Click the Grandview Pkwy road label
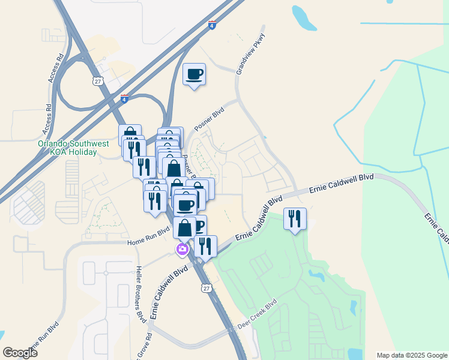(x=250, y=53)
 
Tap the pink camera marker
(x=181, y=249)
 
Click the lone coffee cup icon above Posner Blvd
(x=194, y=74)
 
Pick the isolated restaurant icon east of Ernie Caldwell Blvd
(x=295, y=219)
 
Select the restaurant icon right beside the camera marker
(x=205, y=246)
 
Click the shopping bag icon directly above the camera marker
(x=184, y=228)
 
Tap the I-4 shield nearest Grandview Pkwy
(x=212, y=25)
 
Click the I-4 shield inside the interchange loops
(x=124, y=98)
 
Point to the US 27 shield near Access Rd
(x=97, y=80)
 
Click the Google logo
(x=20, y=353)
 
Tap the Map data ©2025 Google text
(x=411, y=355)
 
